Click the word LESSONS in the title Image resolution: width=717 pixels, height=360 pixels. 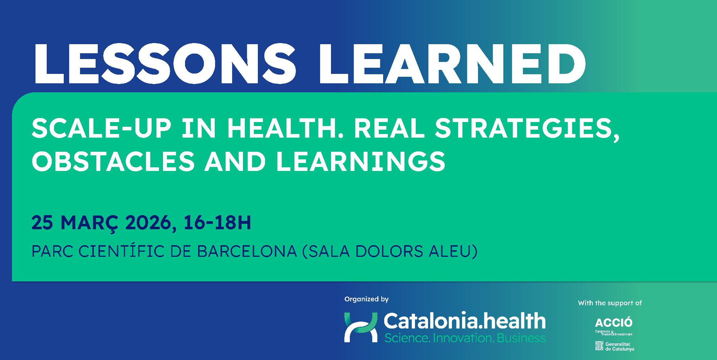pyautogui.click(x=165, y=63)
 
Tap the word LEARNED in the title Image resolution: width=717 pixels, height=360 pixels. pyautogui.click(x=451, y=63)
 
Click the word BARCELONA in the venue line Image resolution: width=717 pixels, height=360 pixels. pyautogui.click(x=247, y=251)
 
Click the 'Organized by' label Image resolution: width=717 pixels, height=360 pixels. pyautogui.click(x=366, y=299)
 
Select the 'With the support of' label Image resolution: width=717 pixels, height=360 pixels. pyautogui.click(x=610, y=303)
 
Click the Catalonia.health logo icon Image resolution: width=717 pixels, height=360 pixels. pyautogui.click(x=361, y=327)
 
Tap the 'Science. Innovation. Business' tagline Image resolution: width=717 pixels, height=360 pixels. pyautogui.click(x=465, y=338)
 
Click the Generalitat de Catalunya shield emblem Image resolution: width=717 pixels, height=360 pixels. pyautogui.click(x=599, y=346)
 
